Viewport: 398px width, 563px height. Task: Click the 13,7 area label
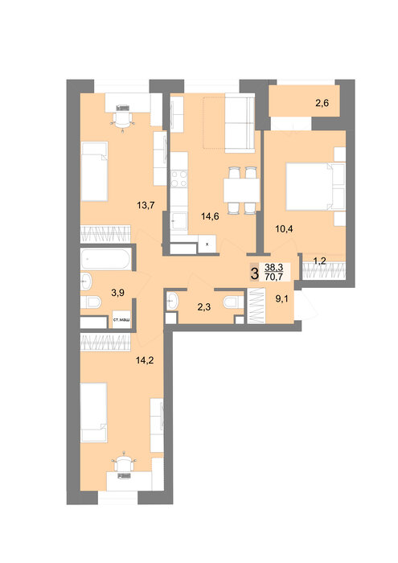146,205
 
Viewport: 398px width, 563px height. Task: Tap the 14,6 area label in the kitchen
210,216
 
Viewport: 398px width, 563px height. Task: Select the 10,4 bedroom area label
284,228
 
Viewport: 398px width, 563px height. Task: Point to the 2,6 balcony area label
322,104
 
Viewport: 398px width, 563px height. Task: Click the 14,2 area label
145,360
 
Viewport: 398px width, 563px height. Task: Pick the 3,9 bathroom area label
117,293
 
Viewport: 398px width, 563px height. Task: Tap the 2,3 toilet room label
204,307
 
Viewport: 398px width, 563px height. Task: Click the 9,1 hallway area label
281,299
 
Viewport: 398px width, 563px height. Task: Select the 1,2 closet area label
319,261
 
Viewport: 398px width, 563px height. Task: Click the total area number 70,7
273,277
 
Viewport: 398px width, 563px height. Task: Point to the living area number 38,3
273,268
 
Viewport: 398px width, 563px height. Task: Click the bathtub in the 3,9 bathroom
105,259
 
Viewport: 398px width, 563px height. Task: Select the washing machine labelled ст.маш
121,319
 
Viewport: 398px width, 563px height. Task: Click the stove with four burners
178,179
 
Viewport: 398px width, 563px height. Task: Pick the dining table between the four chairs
241,191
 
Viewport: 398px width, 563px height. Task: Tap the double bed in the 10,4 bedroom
315,186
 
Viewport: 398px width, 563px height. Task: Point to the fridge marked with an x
207,244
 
